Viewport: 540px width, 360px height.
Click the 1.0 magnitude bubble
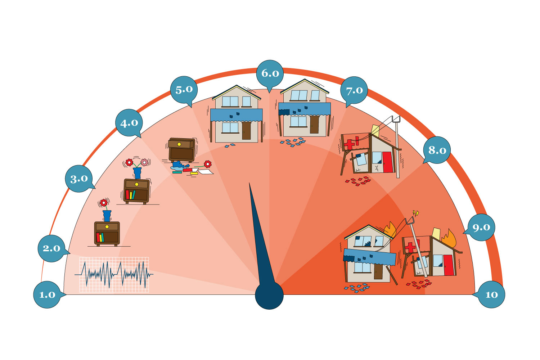pos(47,294)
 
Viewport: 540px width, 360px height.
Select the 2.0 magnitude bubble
pos(51,248)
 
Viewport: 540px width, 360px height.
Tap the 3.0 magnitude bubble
pos(79,179)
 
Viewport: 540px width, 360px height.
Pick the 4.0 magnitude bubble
pos(129,123)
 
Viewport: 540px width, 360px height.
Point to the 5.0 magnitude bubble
pos(184,89)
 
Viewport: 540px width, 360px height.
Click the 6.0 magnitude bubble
pos(270,73)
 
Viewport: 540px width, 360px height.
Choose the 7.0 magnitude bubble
pos(354,90)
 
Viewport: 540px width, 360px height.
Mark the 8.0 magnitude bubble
pos(437,150)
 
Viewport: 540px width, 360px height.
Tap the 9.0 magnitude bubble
pos(481,228)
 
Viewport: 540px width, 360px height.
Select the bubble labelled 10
pos(491,294)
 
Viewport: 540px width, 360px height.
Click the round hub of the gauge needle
pos(269,295)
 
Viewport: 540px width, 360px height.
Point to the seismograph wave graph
pos(114,275)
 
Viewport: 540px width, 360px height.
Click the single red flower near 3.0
pos(104,203)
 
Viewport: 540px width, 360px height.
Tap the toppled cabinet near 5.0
pos(182,149)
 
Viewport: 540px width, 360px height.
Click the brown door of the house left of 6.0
pos(246,130)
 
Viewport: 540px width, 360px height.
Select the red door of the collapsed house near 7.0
pos(387,162)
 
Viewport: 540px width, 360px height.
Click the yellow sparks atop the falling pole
pos(416,213)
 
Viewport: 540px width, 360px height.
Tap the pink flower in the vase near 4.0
pos(144,162)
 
